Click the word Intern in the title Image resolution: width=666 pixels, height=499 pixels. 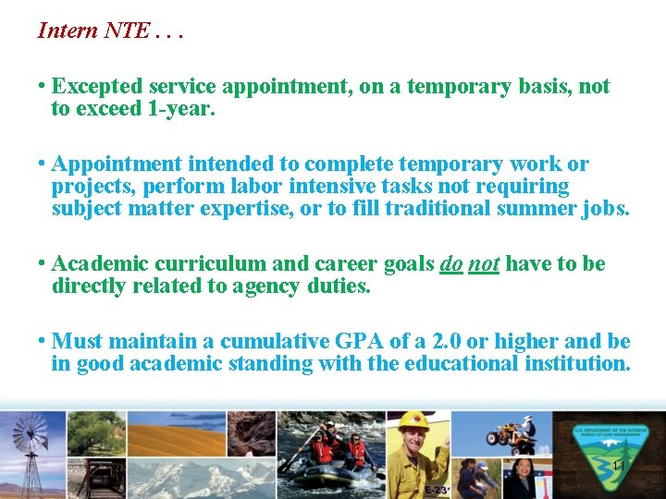click(x=67, y=30)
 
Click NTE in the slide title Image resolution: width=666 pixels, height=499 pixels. click(x=126, y=30)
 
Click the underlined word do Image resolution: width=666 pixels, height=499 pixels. click(x=451, y=264)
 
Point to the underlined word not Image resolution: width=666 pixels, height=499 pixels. click(x=484, y=264)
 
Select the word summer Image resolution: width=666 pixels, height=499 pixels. click(x=535, y=208)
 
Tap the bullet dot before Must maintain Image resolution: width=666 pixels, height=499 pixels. click(x=43, y=341)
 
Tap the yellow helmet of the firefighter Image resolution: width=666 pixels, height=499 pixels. click(x=413, y=421)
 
